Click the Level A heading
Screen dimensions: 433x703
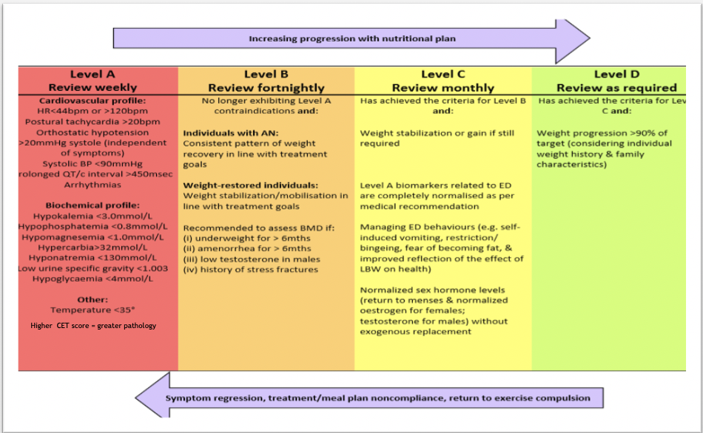click(92, 74)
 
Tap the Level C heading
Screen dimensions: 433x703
click(443, 74)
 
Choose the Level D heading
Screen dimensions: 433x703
click(616, 74)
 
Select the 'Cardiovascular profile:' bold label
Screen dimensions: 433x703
click(92, 100)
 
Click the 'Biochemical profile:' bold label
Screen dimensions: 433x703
click(92, 205)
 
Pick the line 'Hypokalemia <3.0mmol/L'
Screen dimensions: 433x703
click(92, 216)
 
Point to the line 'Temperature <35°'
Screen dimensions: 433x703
click(92, 310)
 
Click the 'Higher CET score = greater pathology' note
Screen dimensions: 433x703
click(93, 325)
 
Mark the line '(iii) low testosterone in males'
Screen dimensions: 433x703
click(252, 259)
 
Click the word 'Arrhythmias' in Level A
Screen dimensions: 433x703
click(92, 185)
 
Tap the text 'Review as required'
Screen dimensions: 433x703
click(616, 88)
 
